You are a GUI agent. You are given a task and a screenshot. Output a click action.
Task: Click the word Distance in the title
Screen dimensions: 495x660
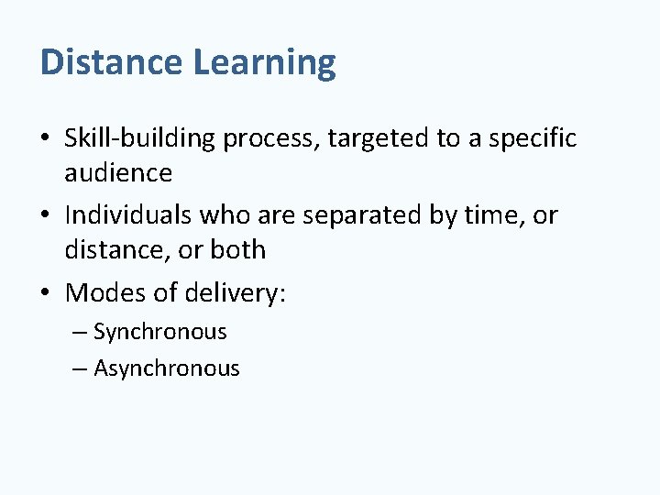tap(112, 62)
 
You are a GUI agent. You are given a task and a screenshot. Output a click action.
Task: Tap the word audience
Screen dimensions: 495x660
tap(118, 173)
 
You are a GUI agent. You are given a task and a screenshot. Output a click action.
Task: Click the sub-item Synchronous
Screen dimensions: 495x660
tap(159, 333)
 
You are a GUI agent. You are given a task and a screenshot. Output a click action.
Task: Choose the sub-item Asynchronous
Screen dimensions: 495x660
tap(166, 369)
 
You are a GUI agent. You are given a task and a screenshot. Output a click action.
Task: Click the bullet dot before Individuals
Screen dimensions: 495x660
tap(47, 216)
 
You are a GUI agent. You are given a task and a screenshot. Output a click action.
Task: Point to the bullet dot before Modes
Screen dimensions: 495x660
tap(47, 294)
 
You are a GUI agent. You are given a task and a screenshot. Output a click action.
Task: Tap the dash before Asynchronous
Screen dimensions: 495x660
tap(78, 369)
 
